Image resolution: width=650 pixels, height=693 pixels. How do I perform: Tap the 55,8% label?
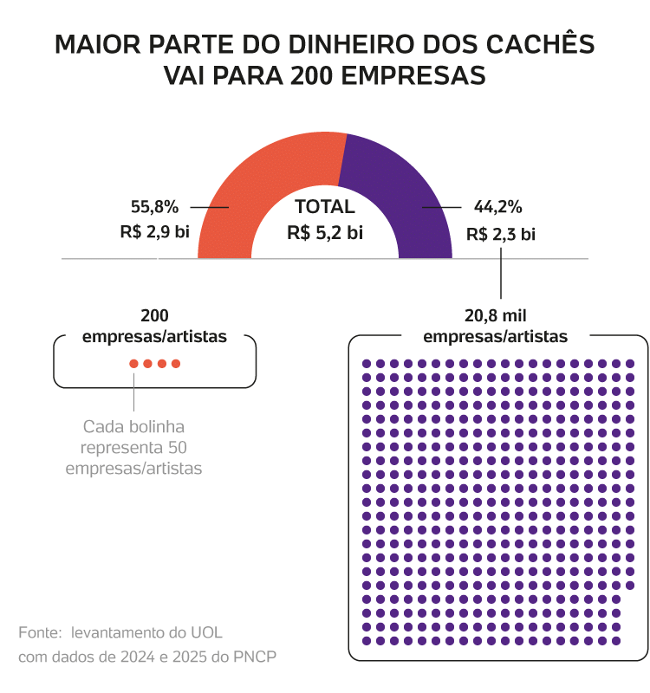tap(154, 207)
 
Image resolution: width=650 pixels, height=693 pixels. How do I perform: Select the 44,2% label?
tap(497, 207)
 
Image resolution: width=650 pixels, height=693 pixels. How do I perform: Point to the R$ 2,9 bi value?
tap(154, 232)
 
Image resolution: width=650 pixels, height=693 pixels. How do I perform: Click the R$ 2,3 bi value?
tap(500, 234)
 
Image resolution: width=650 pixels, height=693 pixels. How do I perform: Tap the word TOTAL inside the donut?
tap(325, 207)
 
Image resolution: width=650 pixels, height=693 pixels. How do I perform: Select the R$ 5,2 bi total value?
tap(325, 232)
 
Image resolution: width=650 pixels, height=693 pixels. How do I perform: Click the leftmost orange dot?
tap(133, 364)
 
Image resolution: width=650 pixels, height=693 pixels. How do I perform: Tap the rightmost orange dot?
tap(176, 364)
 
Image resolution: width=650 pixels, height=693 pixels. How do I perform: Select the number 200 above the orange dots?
tap(154, 315)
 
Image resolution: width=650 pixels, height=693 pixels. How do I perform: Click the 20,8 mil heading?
tap(495, 315)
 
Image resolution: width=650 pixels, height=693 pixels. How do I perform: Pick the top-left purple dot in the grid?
tap(366, 363)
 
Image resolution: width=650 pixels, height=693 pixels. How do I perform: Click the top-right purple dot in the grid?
tap(629, 363)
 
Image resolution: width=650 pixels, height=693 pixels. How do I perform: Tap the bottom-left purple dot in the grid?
tap(366, 640)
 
